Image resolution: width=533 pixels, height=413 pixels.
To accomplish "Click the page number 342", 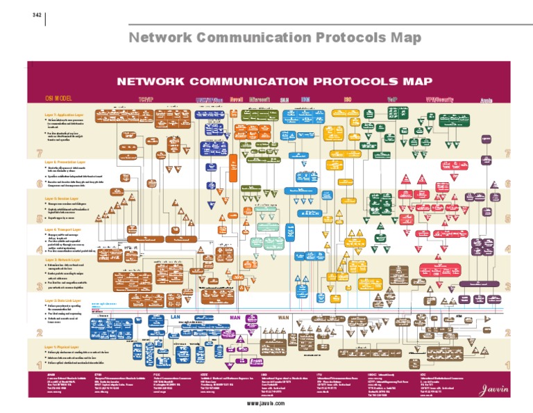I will [37, 17].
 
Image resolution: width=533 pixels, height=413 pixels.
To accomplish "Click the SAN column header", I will [285, 99].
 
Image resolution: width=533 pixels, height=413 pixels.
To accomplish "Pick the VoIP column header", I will [392, 99].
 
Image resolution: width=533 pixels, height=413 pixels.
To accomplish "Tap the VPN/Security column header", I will [439, 99].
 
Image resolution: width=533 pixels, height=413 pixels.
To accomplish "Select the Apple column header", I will [487, 100].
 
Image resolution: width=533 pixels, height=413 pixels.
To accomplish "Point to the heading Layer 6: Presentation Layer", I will [65, 161].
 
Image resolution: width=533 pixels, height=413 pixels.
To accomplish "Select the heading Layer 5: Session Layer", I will [61, 197].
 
